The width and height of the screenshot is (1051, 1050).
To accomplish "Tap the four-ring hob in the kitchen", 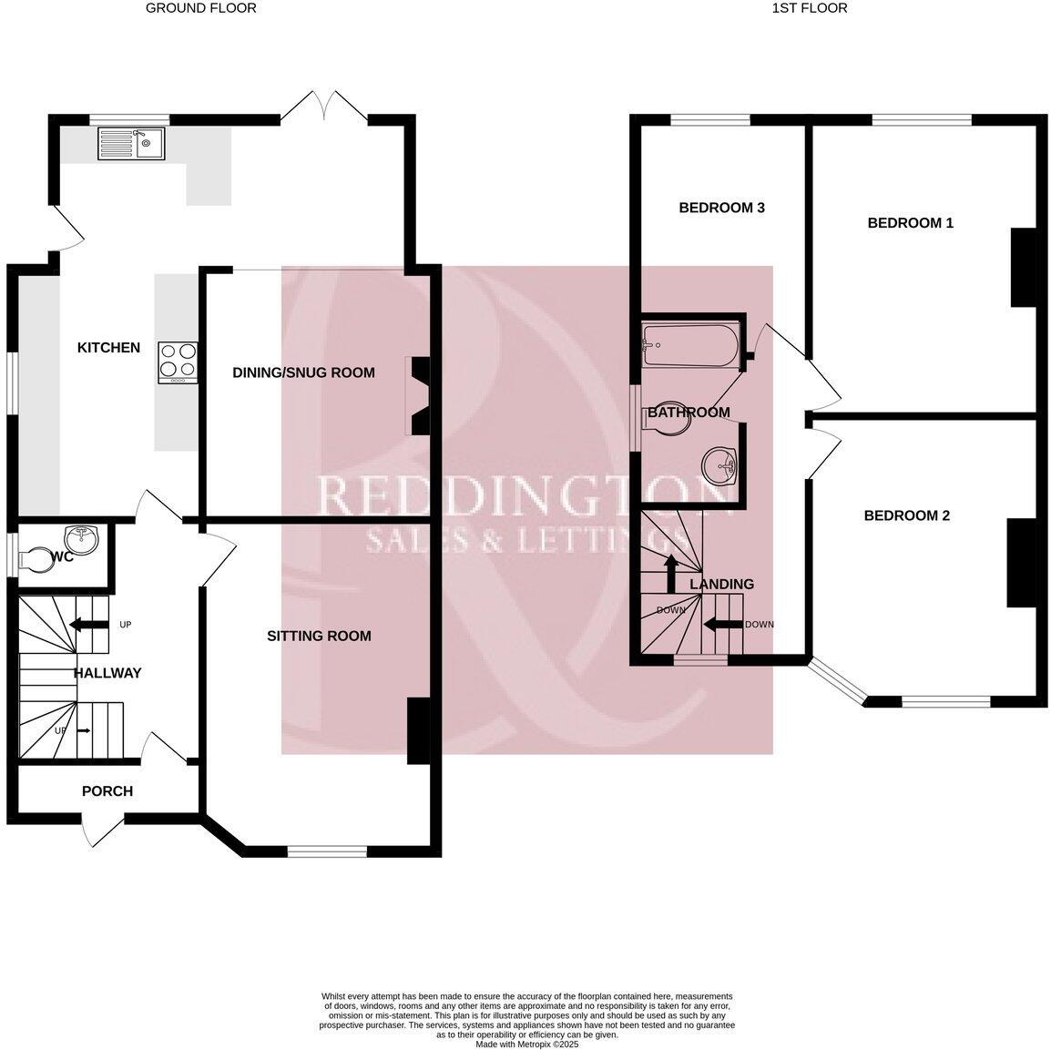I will tap(178, 361).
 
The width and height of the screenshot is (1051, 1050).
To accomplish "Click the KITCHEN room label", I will tap(108, 348).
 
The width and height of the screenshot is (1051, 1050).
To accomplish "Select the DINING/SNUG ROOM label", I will tap(303, 372).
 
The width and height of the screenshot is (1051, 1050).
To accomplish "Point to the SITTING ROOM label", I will tap(319, 636).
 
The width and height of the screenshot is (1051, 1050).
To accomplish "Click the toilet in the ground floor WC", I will tap(37, 557).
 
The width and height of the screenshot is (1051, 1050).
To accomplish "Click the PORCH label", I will tap(107, 791).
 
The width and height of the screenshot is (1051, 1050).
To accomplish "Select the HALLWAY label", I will tap(107, 673).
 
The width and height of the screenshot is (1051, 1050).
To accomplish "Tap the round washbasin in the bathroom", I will tap(720, 466).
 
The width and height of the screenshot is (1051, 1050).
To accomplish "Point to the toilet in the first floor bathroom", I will tap(666, 419).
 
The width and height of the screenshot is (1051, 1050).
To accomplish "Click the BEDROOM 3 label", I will tap(721, 208).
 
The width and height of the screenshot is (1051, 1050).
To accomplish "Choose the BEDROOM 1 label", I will tap(910, 222).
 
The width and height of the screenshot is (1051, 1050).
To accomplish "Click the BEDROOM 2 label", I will tap(906, 515).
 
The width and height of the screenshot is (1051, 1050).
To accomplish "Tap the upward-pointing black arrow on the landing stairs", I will tap(671, 573).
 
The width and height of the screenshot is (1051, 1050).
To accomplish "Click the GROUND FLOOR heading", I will tap(201, 8).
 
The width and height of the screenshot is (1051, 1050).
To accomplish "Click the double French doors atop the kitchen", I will tap(323, 105).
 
